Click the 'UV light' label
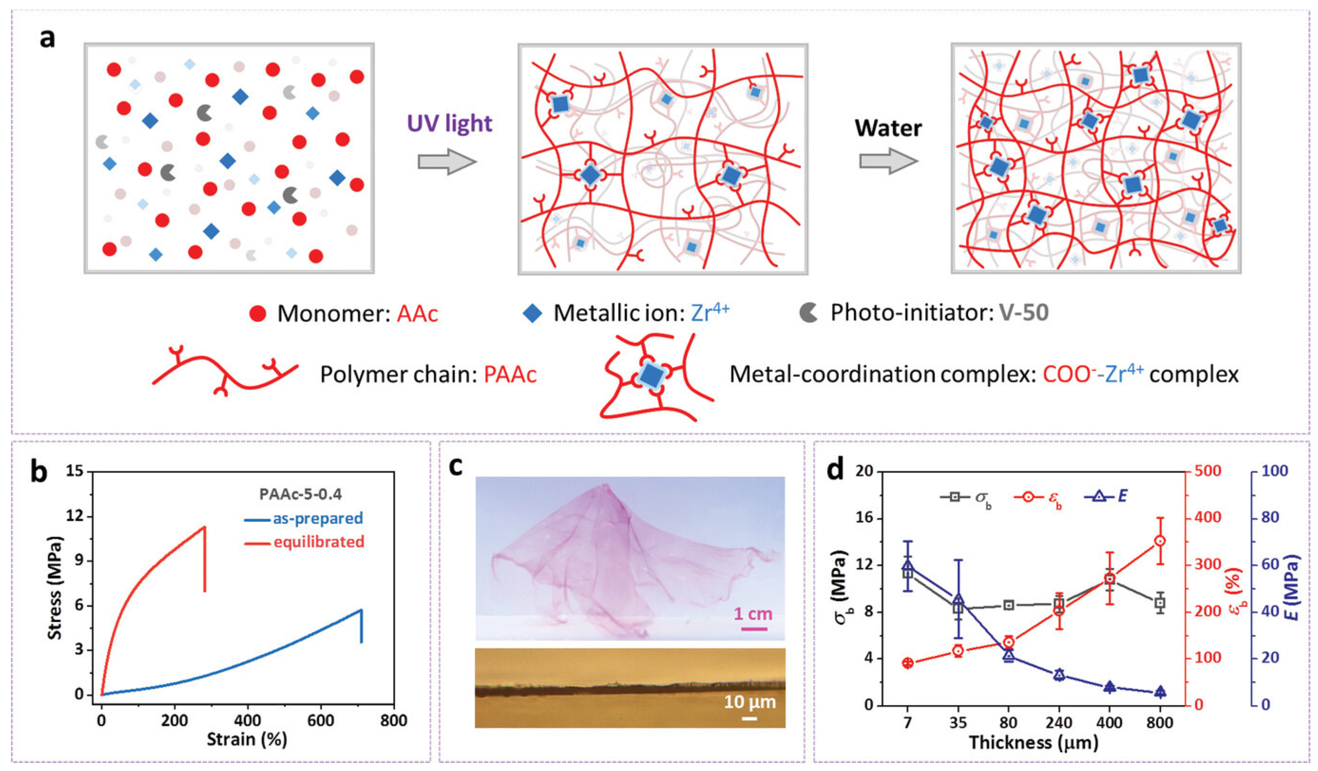click(449, 123)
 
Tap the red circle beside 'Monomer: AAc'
click(257, 313)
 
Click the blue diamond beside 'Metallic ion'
click(532, 313)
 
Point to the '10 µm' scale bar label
click(750, 701)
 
